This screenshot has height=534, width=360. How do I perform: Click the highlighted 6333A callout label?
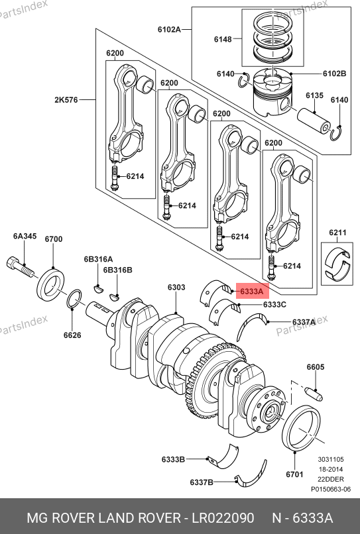252,291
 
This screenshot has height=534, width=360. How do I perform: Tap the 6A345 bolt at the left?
20,266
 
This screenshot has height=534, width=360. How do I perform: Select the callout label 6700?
54,239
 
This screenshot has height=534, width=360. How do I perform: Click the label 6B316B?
117,270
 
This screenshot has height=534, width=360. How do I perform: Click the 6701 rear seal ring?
302,429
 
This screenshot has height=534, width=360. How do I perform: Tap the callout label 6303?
176,288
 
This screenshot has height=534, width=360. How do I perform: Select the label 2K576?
66,100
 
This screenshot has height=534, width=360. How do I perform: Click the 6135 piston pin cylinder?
314,121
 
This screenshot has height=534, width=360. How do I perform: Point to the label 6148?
223,39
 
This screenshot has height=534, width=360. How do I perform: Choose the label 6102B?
334,74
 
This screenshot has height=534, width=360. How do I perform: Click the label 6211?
337,233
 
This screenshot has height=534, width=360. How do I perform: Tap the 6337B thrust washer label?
202,482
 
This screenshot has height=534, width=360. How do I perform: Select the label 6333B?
173,459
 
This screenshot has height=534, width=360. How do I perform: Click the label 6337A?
304,322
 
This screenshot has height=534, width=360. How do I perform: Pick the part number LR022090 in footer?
223,518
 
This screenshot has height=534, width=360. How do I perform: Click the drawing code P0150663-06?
330,490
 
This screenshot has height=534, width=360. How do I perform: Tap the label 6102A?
169,29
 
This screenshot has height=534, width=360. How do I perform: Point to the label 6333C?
274,305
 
